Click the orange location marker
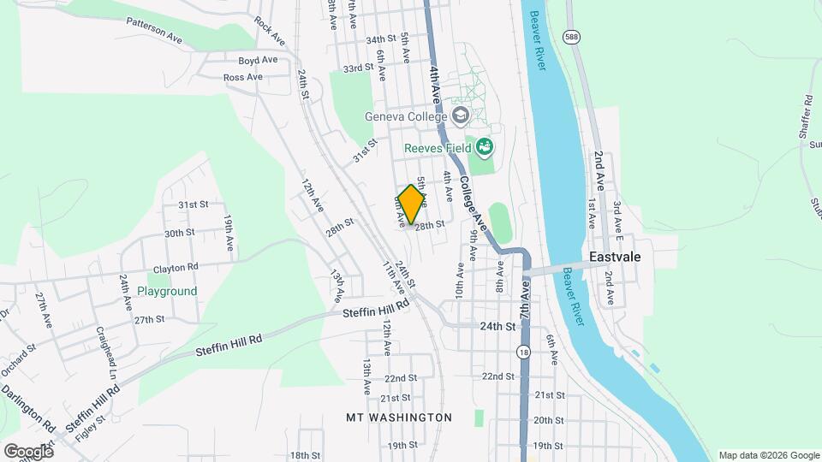pos(412,204)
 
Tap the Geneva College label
pos(406,116)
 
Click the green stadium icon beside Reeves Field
pos(485,147)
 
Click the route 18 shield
pos(523,352)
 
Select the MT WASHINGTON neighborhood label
pos(398,418)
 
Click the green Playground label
pos(167,291)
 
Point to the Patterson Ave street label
pos(155,30)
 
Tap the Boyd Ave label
pos(258,60)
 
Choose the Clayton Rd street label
pos(176,267)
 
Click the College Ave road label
pos(473,204)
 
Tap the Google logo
pos(28,451)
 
